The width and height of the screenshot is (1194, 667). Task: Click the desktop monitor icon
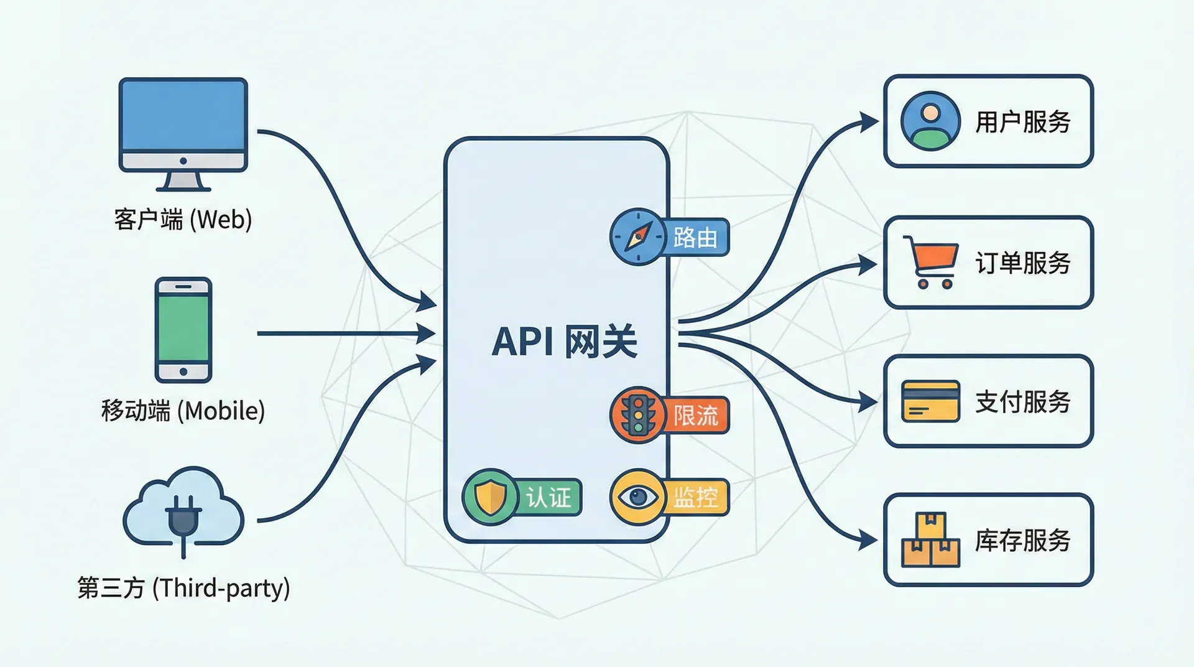point(183,132)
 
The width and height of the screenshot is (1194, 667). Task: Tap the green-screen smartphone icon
point(183,329)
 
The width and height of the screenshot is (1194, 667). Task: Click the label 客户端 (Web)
point(183,220)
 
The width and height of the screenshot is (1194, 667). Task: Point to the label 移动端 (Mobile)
point(183,411)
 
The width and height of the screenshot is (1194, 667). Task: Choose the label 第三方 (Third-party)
point(183,588)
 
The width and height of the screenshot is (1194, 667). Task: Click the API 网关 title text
point(564,342)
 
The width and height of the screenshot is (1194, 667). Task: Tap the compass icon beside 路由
point(637,237)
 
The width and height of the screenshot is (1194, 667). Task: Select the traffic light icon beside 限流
point(637,415)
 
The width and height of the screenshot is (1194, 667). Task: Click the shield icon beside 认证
point(490,497)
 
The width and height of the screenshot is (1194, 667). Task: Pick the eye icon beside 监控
point(637,497)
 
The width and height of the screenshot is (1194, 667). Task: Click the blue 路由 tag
point(695,237)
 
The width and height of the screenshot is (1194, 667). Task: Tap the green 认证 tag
point(548,497)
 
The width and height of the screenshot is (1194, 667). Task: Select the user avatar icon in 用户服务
point(930,121)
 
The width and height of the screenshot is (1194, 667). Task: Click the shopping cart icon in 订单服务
point(930,262)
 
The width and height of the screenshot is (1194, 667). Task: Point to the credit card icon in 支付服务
point(930,401)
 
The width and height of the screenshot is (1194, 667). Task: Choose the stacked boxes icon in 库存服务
point(930,539)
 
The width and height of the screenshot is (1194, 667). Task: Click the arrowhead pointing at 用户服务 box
point(869,121)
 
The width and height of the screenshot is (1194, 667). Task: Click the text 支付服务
point(1022,402)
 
